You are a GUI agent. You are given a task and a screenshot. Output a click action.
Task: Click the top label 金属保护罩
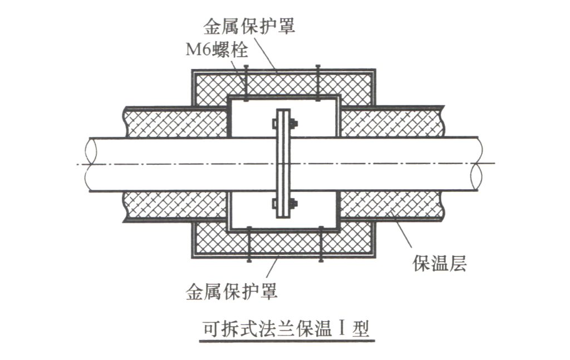pyautogui.click(x=249, y=27)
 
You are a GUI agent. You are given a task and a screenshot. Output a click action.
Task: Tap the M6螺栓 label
pyautogui.click(x=217, y=50)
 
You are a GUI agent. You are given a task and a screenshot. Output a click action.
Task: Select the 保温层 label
pyautogui.click(x=439, y=263)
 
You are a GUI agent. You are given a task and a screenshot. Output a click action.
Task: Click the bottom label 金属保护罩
pyautogui.click(x=232, y=292)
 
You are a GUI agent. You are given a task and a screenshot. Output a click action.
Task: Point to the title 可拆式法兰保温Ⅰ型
pyautogui.click(x=286, y=329)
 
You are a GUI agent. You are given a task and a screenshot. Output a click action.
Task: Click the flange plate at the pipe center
pyautogui.click(x=283, y=164)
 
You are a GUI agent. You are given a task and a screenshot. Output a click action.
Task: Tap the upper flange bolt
pyautogui.click(x=284, y=124)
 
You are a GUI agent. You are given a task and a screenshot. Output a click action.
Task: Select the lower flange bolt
pyautogui.click(x=284, y=204)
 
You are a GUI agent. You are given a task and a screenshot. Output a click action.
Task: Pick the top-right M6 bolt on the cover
pyautogui.click(x=318, y=83)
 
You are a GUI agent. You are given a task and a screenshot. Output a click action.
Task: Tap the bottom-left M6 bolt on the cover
pyautogui.click(x=249, y=244)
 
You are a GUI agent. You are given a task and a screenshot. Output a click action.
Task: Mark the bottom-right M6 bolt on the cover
pyautogui.click(x=321, y=244)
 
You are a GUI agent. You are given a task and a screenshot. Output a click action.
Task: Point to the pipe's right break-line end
pyautogui.click(x=478, y=164)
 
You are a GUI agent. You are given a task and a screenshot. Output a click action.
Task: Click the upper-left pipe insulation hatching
pyautogui.click(x=176, y=123)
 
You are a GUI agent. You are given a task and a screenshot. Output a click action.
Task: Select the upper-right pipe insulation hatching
pyautogui.click(x=392, y=122)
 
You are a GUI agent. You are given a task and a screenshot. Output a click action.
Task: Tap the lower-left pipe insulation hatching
pyautogui.click(x=176, y=205)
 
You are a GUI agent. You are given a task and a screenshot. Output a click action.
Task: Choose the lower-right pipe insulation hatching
pyautogui.click(x=392, y=204)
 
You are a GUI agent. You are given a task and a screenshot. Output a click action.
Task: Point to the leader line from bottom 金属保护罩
pyautogui.click(x=272, y=268)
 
